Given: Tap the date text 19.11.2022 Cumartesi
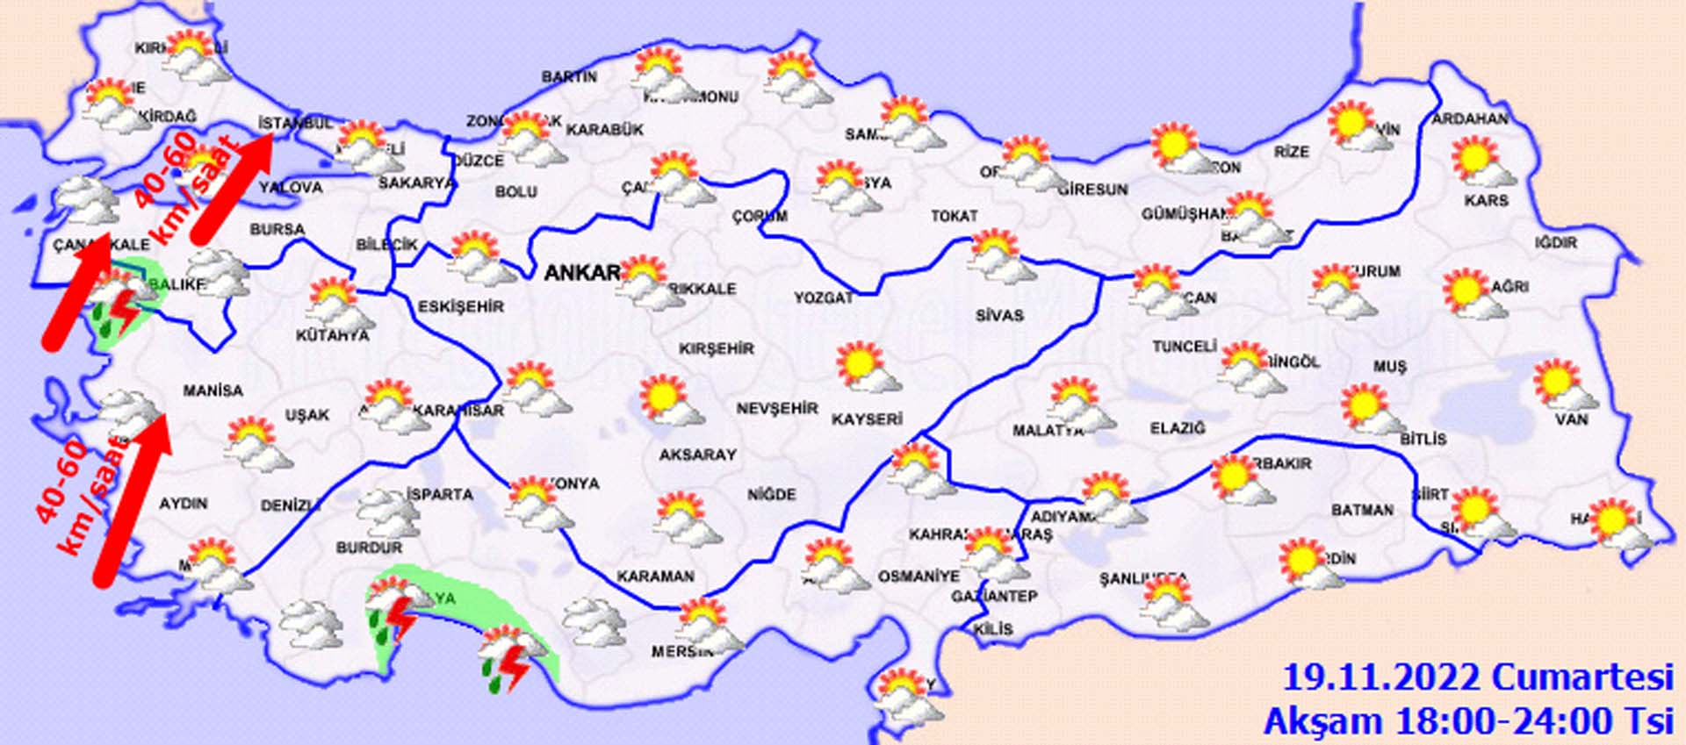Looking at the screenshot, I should click(x=1477, y=678).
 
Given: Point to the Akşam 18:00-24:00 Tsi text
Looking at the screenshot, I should click(x=1467, y=721).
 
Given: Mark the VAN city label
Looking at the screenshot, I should click(x=1572, y=419).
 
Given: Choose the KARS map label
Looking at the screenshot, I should click(x=1486, y=201).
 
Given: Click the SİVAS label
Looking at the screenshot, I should click(x=999, y=315).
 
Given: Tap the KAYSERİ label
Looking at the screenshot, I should click(x=867, y=419).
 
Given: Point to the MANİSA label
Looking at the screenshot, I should click(x=213, y=390).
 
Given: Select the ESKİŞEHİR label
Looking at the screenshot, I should click(x=461, y=306).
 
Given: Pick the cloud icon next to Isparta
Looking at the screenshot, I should click(x=387, y=512).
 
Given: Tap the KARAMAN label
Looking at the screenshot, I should click(x=656, y=577).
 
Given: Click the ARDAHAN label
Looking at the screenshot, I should click(x=1470, y=119).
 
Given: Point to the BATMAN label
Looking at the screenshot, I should click(x=1362, y=510).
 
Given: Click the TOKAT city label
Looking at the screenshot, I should click(x=954, y=216).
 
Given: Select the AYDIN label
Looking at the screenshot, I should click(x=183, y=504).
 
